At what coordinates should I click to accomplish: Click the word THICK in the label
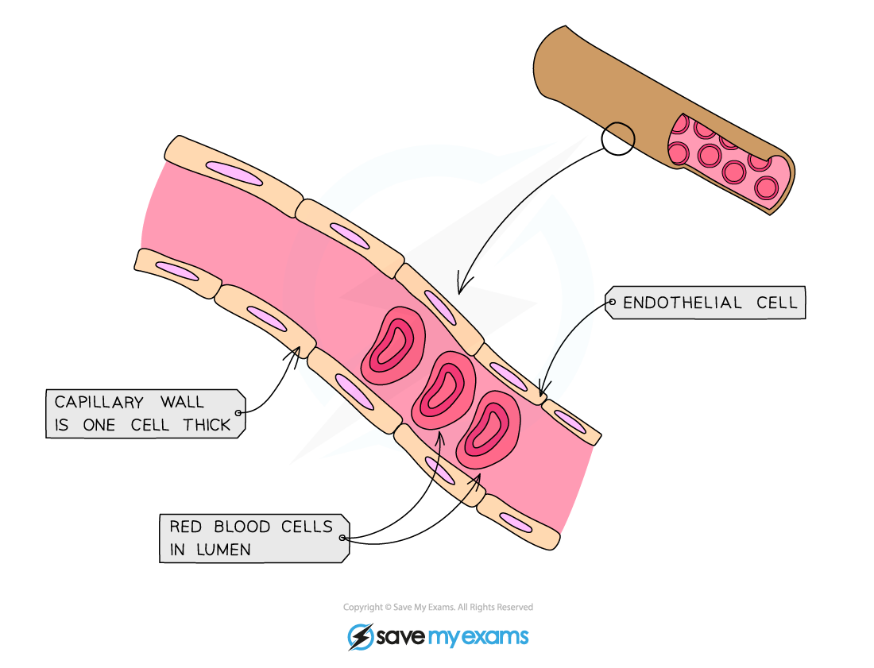coord(207,425)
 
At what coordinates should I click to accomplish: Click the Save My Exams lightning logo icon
coord(360,637)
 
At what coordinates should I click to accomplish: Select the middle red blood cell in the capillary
coord(443,389)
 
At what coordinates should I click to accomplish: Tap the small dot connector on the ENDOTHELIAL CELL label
coord(610,302)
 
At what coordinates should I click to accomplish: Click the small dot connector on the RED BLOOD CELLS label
coord(344,538)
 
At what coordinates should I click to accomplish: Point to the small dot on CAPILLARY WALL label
coord(240,413)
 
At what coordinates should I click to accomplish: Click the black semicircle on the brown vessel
coord(621,135)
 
